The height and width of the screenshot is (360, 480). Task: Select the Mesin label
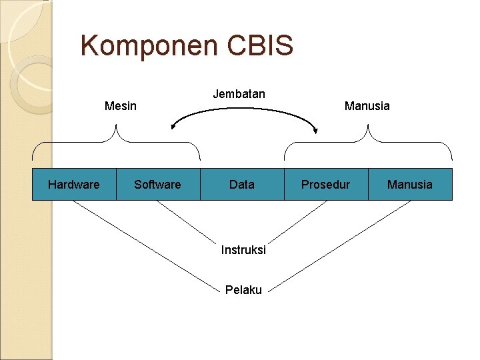tap(121, 106)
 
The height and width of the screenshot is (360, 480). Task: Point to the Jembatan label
tap(239, 94)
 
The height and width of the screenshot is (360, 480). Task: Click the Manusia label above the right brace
tap(367, 106)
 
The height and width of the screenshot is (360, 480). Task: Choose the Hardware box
tap(74, 185)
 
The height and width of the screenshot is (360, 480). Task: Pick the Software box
tap(157, 185)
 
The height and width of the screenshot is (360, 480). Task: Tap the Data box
tap(241, 185)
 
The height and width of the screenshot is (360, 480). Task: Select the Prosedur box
tap(325, 185)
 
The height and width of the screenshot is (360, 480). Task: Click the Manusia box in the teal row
tap(410, 185)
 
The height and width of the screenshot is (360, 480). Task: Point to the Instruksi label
tap(243, 250)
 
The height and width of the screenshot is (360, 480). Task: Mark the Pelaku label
tap(243, 290)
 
